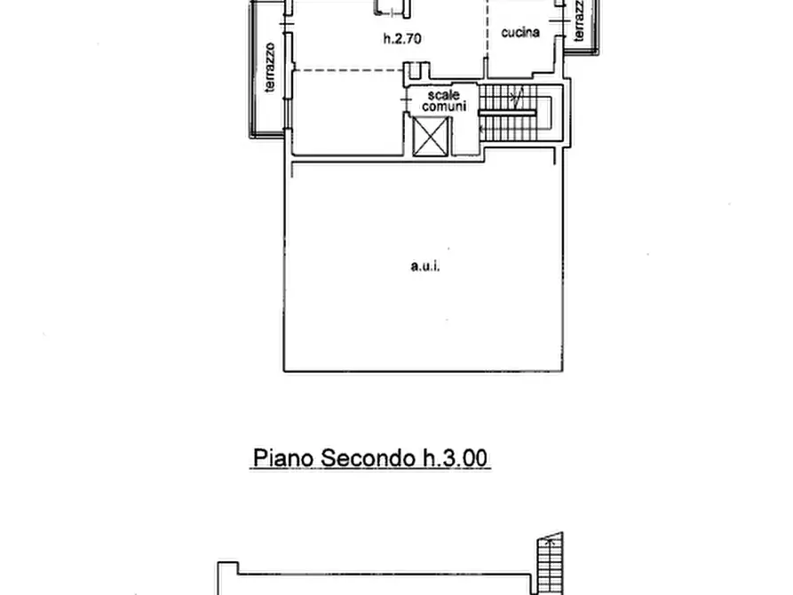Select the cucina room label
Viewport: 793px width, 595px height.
pos(521,33)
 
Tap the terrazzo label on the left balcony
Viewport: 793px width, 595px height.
pos(269,67)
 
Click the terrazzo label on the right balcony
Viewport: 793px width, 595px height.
pos(579,20)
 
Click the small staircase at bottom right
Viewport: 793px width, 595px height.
pos(550,564)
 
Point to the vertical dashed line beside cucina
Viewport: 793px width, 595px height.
pos(488,36)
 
